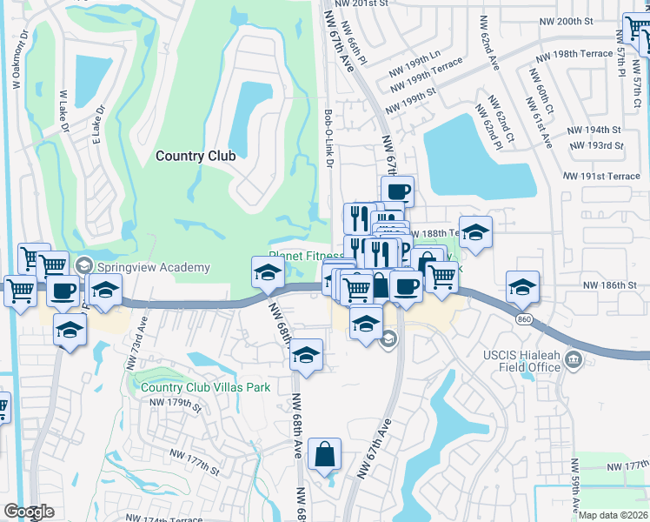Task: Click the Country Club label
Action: coord(196,156)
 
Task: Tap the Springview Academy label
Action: coord(154,267)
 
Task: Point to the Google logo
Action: coord(29,512)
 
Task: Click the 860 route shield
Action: coord(521,320)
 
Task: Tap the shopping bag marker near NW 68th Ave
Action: coord(324,453)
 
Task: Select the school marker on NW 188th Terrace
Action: coord(475,231)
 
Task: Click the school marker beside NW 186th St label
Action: coord(523,286)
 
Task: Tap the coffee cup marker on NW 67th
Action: coord(397,191)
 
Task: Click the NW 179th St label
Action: coord(175,405)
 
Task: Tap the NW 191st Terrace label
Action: coord(600,176)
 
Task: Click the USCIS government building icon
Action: coord(573,359)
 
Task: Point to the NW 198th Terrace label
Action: coord(574,55)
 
